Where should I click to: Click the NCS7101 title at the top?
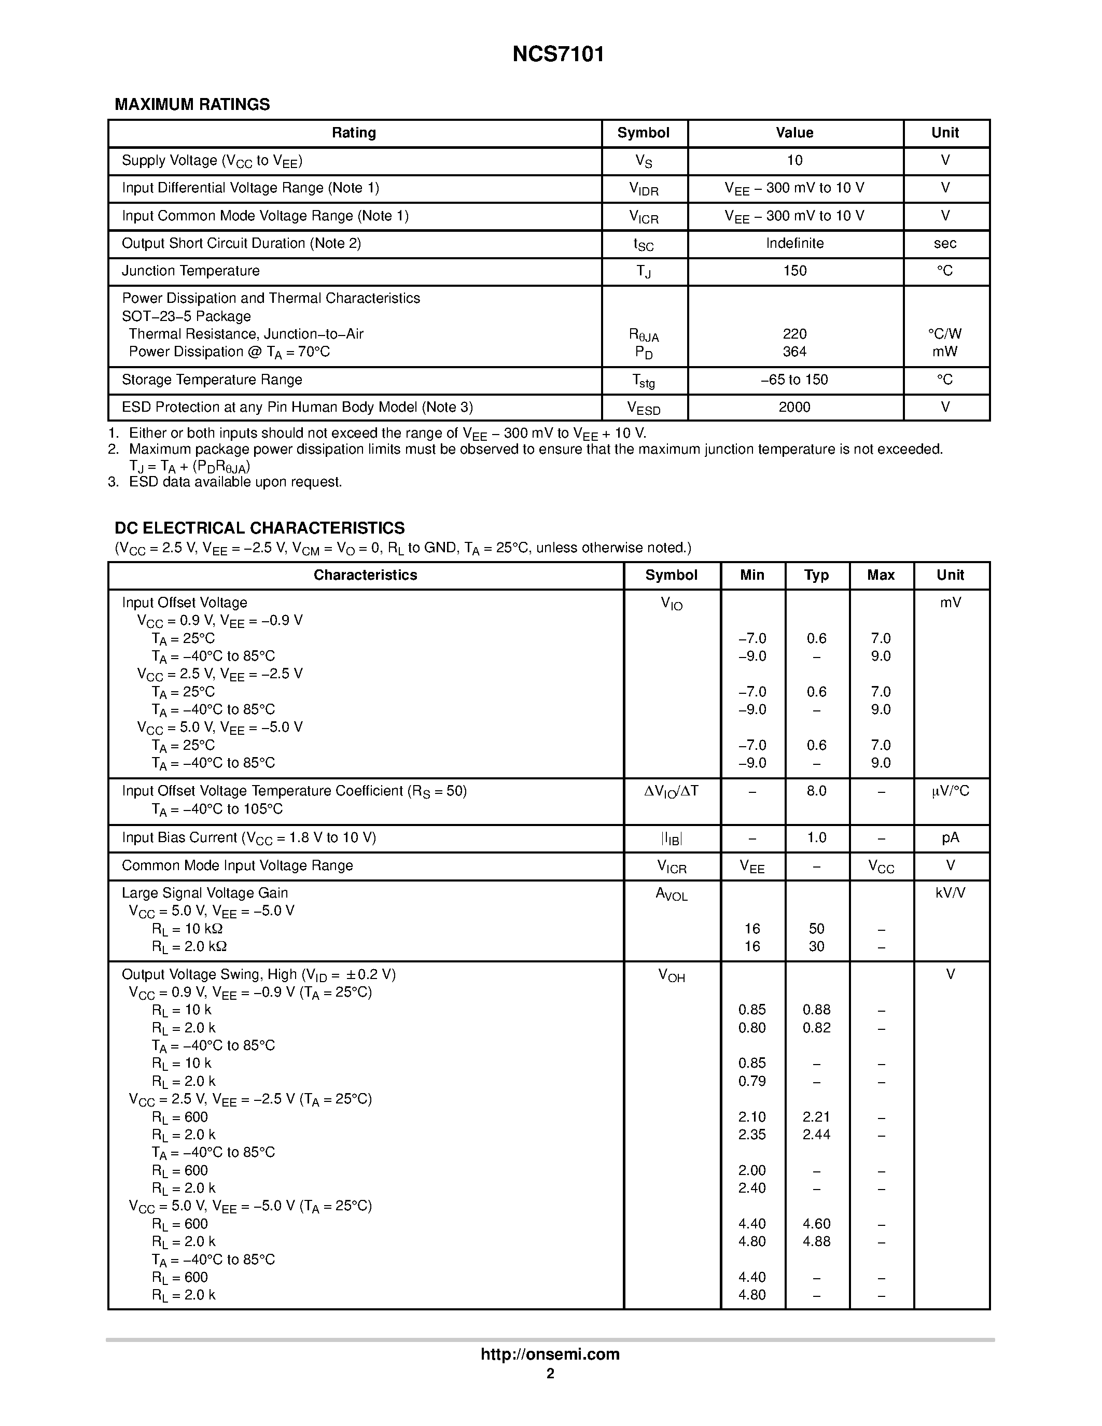pyautogui.click(x=558, y=54)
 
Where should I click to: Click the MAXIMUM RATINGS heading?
pyautogui.click(x=192, y=104)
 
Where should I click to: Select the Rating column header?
pyautogui.click(x=354, y=133)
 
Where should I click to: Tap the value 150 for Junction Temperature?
pyautogui.click(x=794, y=270)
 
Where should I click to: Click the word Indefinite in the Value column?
pyautogui.click(x=794, y=243)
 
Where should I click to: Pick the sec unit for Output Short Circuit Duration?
pyautogui.click(x=945, y=243)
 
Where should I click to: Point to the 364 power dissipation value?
pyautogui.click(x=794, y=351)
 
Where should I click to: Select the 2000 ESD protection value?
pyautogui.click(x=794, y=407)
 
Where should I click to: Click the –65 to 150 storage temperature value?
pyautogui.click(x=794, y=380)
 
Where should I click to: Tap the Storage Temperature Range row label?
pyautogui.click(x=212, y=380)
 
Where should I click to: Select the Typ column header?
pyautogui.click(x=816, y=575)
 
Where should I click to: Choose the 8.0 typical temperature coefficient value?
pyautogui.click(x=816, y=791)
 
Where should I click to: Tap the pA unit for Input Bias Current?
pyautogui.click(x=950, y=837)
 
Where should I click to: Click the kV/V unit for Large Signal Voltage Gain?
pyautogui.click(x=950, y=892)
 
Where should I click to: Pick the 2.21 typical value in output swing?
pyautogui.click(x=816, y=1116)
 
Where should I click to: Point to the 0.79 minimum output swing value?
pyautogui.click(x=752, y=1081)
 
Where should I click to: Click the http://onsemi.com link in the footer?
pyautogui.click(x=550, y=1354)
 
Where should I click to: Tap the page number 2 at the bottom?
pyautogui.click(x=550, y=1374)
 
